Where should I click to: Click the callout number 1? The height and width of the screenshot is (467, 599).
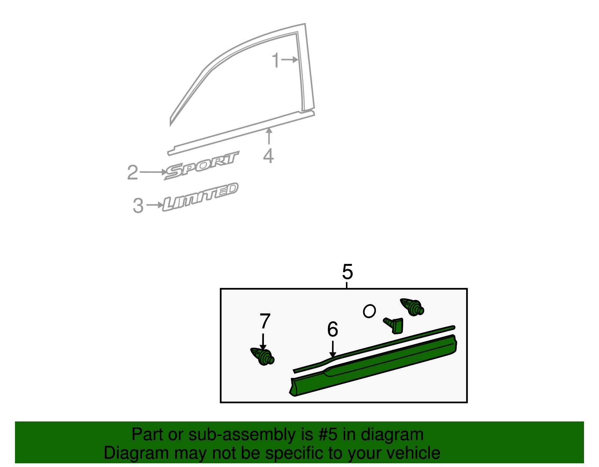pyautogui.click(x=276, y=61)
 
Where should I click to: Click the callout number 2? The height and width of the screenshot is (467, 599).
pyautogui.click(x=133, y=173)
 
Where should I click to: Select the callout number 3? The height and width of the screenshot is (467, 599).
pyautogui.click(x=138, y=206)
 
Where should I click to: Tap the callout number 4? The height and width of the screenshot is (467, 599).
pyautogui.click(x=268, y=156)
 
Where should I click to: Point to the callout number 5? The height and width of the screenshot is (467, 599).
pyautogui.click(x=347, y=272)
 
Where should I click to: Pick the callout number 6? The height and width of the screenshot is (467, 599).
pyautogui.click(x=332, y=329)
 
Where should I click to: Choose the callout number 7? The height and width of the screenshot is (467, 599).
pyautogui.click(x=265, y=321)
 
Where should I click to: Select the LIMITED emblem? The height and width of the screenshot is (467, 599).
pyautogui.click(x=200, y=197)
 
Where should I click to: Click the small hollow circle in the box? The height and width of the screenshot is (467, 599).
pyautogui.click(x=370, y=311)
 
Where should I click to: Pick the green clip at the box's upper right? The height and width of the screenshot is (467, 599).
pyautogui.click(x=412, y=307)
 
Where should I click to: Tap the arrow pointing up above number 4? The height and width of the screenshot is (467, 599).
pyautogui.click(x=269, y=136)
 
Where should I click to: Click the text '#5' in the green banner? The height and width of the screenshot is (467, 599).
pyautogui.click(x=328, y=434)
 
